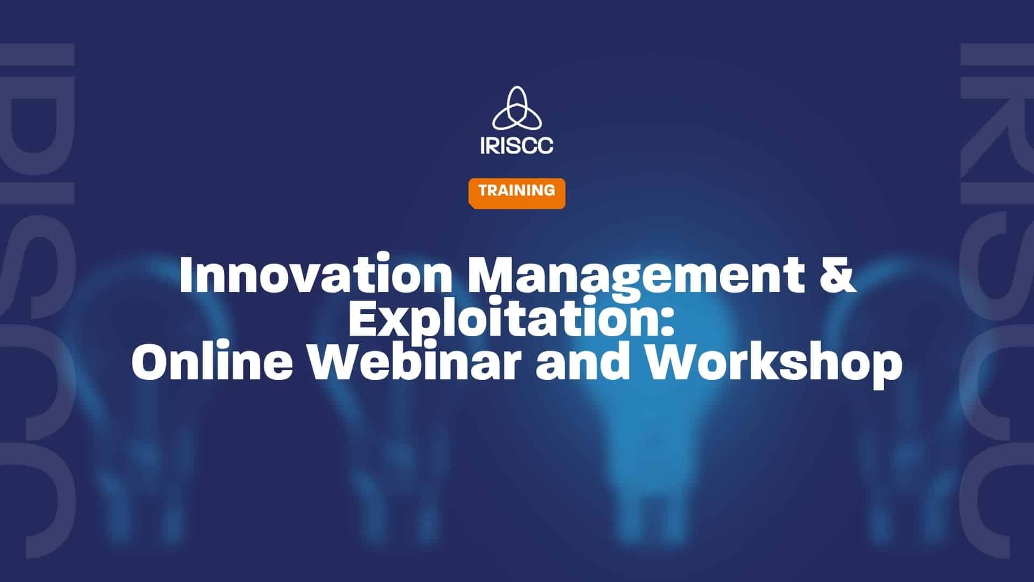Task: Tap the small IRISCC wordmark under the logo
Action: tap(516, 145)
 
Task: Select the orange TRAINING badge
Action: tap(516, 193)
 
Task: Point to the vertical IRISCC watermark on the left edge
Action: tap(37, 300)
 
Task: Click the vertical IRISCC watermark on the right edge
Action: tap(996, 300)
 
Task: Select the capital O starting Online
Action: tap(150, 362)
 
